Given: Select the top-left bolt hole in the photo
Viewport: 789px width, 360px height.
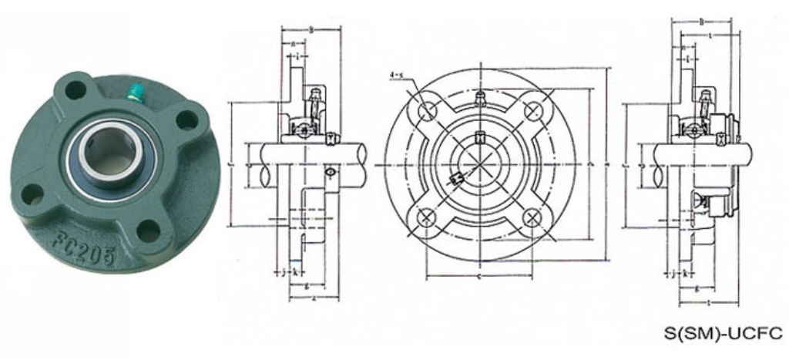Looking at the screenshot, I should [75, 89].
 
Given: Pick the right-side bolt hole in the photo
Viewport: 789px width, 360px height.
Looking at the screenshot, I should [186, 120].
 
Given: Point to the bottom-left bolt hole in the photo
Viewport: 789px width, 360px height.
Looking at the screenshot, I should [32, 193].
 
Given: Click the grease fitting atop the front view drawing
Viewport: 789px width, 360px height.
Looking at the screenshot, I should [479, 99].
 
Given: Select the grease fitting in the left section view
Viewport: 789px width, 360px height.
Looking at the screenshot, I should [314, 101].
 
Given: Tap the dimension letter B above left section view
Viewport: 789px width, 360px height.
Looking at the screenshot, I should [311, 30].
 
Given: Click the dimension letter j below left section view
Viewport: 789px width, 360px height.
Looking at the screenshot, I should [284, 272].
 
